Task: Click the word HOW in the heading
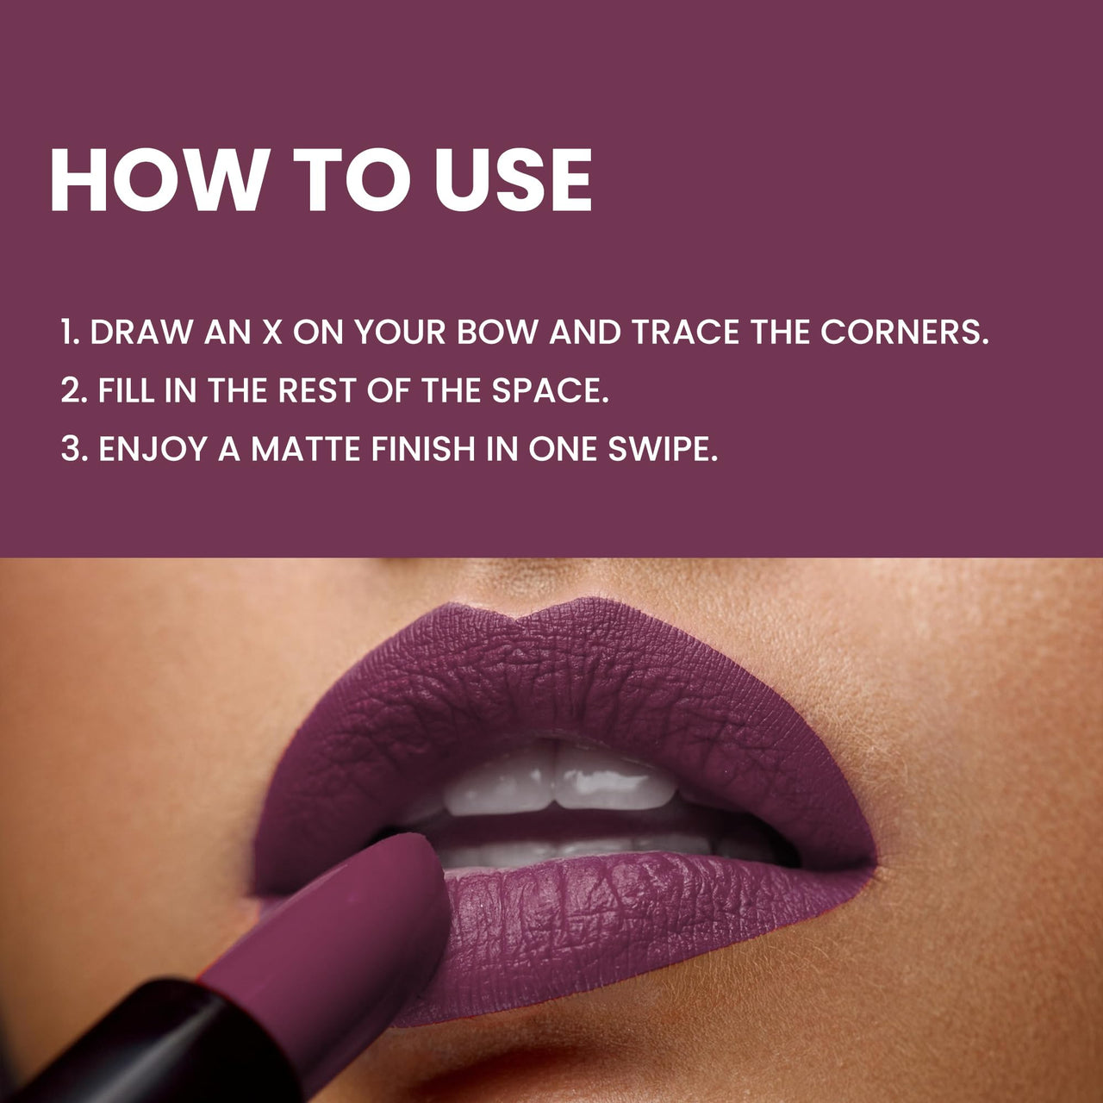pos(159,180)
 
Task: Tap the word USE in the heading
pos(514,180)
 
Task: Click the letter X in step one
pos(271,333)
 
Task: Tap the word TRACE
pos(685,333)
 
